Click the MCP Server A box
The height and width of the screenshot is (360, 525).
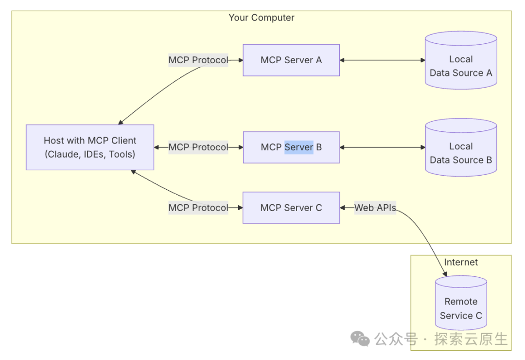pos(291,60)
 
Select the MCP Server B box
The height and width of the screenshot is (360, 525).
pos(291,147)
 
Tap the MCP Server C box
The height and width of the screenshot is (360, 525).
pos(291,208)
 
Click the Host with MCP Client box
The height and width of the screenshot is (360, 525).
pos(90,147)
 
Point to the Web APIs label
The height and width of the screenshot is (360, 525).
pos(375,208)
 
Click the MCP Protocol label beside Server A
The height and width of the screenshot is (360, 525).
pos(198,60)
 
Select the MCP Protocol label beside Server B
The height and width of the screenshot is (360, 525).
pos(198,147)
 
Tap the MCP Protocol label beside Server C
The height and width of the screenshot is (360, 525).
pos(198,208)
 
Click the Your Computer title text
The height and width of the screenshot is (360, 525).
pos(262,18)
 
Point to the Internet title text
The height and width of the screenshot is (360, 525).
pos(461,262)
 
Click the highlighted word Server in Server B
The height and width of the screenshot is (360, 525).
pos(299,147)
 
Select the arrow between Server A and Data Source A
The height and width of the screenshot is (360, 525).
pos(383,60)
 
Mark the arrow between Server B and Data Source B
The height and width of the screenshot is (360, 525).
pos(383,147)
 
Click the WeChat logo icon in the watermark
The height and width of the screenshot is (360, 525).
pos(361,339)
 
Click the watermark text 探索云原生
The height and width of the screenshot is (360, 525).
pos(471,339)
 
